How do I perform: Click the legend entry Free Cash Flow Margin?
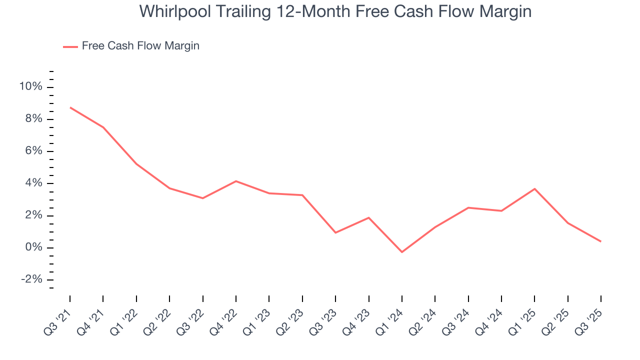click(140, 46)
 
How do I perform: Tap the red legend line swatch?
click(70, 46)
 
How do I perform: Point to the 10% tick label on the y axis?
click(31, 87)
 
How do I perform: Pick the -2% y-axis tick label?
click(31, 279)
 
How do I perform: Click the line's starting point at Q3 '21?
click(70, 107)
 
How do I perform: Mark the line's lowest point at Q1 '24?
click(401, 252)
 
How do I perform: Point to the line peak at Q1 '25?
click(534, 188)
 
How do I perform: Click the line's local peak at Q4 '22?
click(236, 181)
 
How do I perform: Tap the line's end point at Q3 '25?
click(600, 241)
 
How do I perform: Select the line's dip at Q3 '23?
click(335, 232)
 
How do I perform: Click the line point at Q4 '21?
click(103, 127)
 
